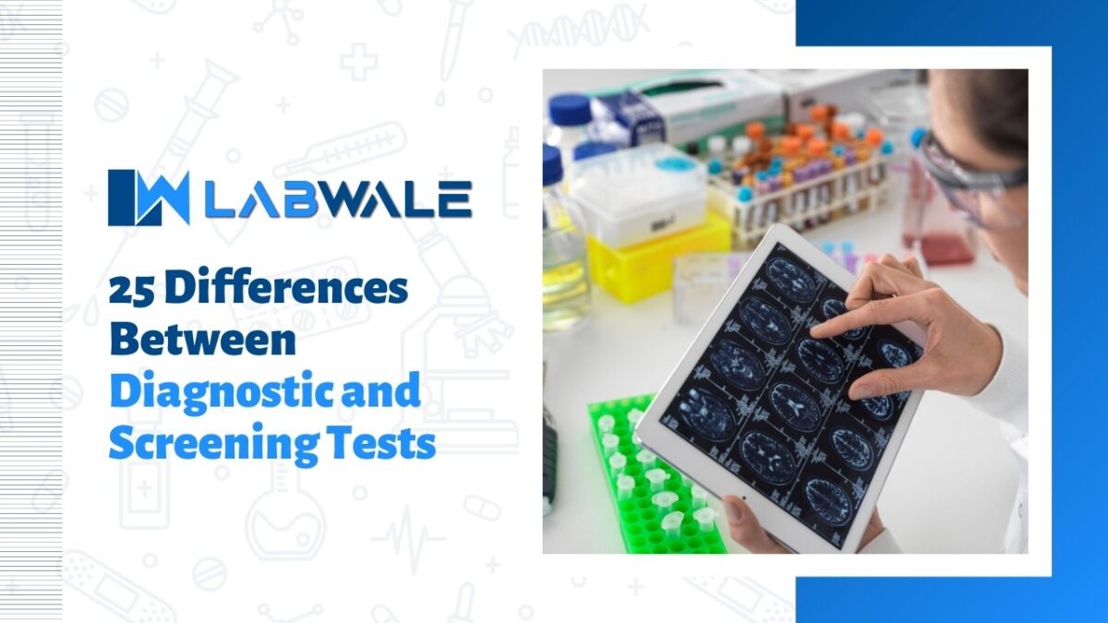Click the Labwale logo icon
[x=148, y=197]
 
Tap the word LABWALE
[x=337, y=198]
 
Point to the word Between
[x=202, y=341]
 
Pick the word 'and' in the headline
[x=381, y=393]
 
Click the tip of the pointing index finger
[x=817, y=329]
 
